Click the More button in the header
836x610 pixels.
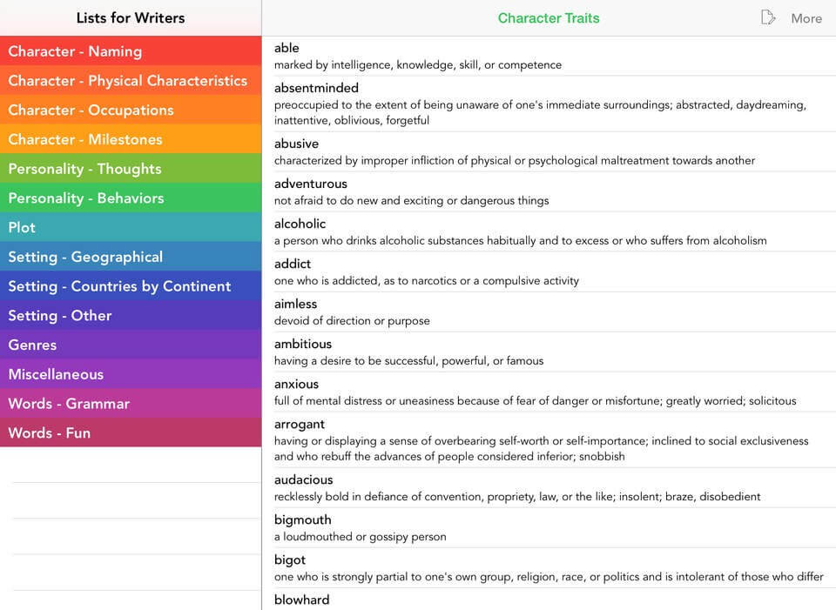coord(806,18)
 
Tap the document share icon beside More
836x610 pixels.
coord(767,17)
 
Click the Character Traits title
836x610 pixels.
coord(549,18)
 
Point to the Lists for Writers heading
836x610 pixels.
coord(131,18)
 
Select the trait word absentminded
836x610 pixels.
coord(316,88)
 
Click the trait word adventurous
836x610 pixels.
coord(310,184)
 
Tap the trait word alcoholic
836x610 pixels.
coord(300,224)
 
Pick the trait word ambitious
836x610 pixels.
coord(303,344)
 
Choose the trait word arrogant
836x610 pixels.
coord(299,424)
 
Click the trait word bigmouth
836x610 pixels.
coord(302,520)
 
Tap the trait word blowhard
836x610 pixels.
coord(301,600)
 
